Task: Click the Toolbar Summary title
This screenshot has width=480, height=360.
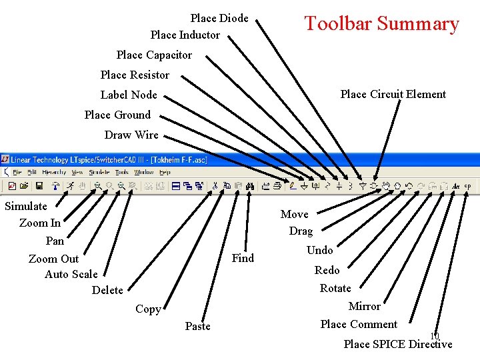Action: [x=381, y=24]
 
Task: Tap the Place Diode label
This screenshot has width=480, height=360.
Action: [x=219, y=18]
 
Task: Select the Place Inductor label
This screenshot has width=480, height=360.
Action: [x=185, y=35]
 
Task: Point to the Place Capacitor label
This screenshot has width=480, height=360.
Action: [x=154, y=55]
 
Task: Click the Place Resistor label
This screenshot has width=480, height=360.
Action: [x=135, y=75]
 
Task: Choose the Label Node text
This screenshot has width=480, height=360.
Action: [x=129, y=95]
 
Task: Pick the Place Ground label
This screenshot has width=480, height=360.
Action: [x=117, y=115]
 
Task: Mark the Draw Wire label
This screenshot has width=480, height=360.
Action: [x=131, y=135]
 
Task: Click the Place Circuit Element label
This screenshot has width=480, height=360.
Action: [x=393, y=94]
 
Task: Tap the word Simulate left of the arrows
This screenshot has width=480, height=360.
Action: [x=26, y=206]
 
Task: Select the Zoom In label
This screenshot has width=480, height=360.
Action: [x=40, y=223]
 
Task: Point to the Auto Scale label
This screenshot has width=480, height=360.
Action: [x=71, y=274]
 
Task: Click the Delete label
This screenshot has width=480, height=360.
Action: [x=107, y=290]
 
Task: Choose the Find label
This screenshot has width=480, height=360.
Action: [x=243, y=258]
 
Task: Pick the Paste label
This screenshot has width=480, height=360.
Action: [x=197, y=326]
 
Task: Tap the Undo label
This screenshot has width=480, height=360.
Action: [x=319, y=250]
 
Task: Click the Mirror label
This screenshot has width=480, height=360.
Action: [x=364, y=306]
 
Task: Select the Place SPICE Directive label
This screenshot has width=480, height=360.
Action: [x=397, y=344]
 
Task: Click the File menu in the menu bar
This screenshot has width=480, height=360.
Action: [x=17, y=172]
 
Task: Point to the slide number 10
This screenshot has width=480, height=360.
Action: [x=435, y=335]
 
